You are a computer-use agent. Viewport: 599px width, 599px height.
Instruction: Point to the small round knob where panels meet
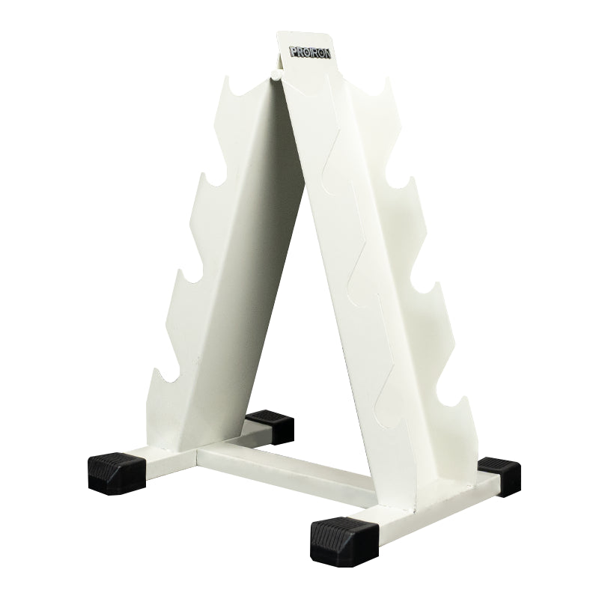pos(275,74)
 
